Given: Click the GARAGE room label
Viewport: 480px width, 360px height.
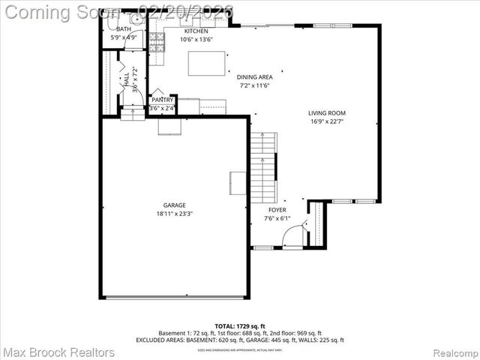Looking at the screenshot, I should [x=175, y=205].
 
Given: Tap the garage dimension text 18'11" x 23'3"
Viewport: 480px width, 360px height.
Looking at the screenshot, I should [x=175, y=214].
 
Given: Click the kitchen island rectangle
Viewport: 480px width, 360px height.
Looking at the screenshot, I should [x=206, y=63].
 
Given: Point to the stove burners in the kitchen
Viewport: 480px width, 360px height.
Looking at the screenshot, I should [x=157, y=43].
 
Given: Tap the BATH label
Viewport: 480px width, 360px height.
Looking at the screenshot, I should [x=123, y=28].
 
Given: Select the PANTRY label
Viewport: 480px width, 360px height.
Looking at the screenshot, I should [x=162, y=100].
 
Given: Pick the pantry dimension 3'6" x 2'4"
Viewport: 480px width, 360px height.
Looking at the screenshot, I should [x=162, y=109].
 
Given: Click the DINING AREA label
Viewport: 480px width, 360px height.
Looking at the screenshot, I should [x=254, y=76].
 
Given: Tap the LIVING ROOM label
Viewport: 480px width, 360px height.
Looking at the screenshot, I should [x=327, y=113].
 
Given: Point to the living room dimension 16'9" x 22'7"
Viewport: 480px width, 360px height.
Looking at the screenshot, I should [x=327, y=122].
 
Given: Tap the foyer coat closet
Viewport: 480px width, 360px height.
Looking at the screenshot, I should [x=317, y=223].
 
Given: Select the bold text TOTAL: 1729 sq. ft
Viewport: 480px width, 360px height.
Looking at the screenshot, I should [x=239, y=325].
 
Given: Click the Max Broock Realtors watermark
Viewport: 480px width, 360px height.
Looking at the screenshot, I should [x=58, y=352].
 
